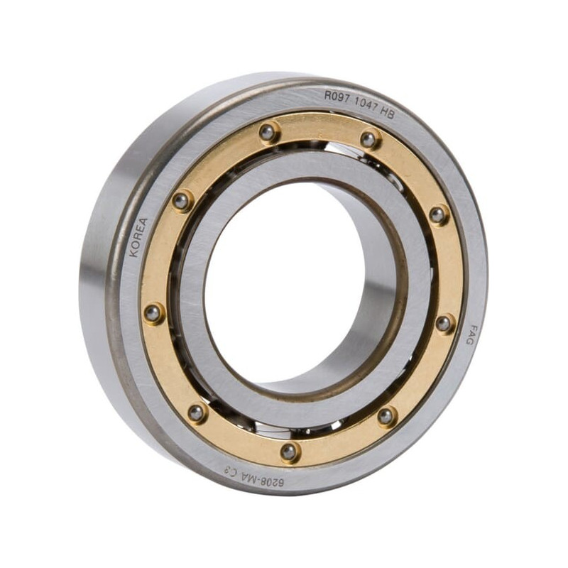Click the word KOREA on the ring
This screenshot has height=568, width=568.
pos(138,237)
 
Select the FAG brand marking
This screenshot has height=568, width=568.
pos(469,334)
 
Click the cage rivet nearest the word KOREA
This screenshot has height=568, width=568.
pos(181,201)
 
